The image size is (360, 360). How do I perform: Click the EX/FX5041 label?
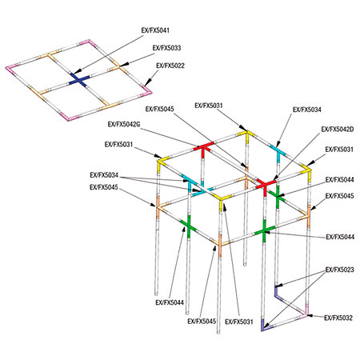coord(155,30)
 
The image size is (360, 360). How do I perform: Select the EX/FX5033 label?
coord(166,48)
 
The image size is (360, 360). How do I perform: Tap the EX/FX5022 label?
coord(170,66)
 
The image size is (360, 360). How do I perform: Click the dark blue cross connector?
coord(79,80)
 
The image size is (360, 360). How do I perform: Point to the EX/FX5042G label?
coord(124,124)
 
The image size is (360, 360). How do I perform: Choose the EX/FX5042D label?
coord(338,130)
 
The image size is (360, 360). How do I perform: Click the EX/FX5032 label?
coord(338,318)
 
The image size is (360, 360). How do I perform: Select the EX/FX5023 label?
coord(340,270)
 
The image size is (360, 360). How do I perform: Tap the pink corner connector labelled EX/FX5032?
coord(305,312)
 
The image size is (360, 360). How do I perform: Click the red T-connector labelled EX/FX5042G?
coord(203,148)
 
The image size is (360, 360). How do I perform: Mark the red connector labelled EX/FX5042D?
coord(266,185)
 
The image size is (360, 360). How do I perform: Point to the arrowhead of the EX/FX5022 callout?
coord(146,83)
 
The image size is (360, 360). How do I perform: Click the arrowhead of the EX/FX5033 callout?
coord(122,65)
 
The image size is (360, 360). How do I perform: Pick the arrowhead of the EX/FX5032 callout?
coord(310,316)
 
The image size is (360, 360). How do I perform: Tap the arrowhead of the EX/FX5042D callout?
coord(275,178)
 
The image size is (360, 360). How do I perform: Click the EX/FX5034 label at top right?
coord(307,110)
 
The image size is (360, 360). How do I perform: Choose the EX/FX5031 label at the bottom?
coord(239,322)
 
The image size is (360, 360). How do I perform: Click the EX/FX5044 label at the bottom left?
coord(170,302)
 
